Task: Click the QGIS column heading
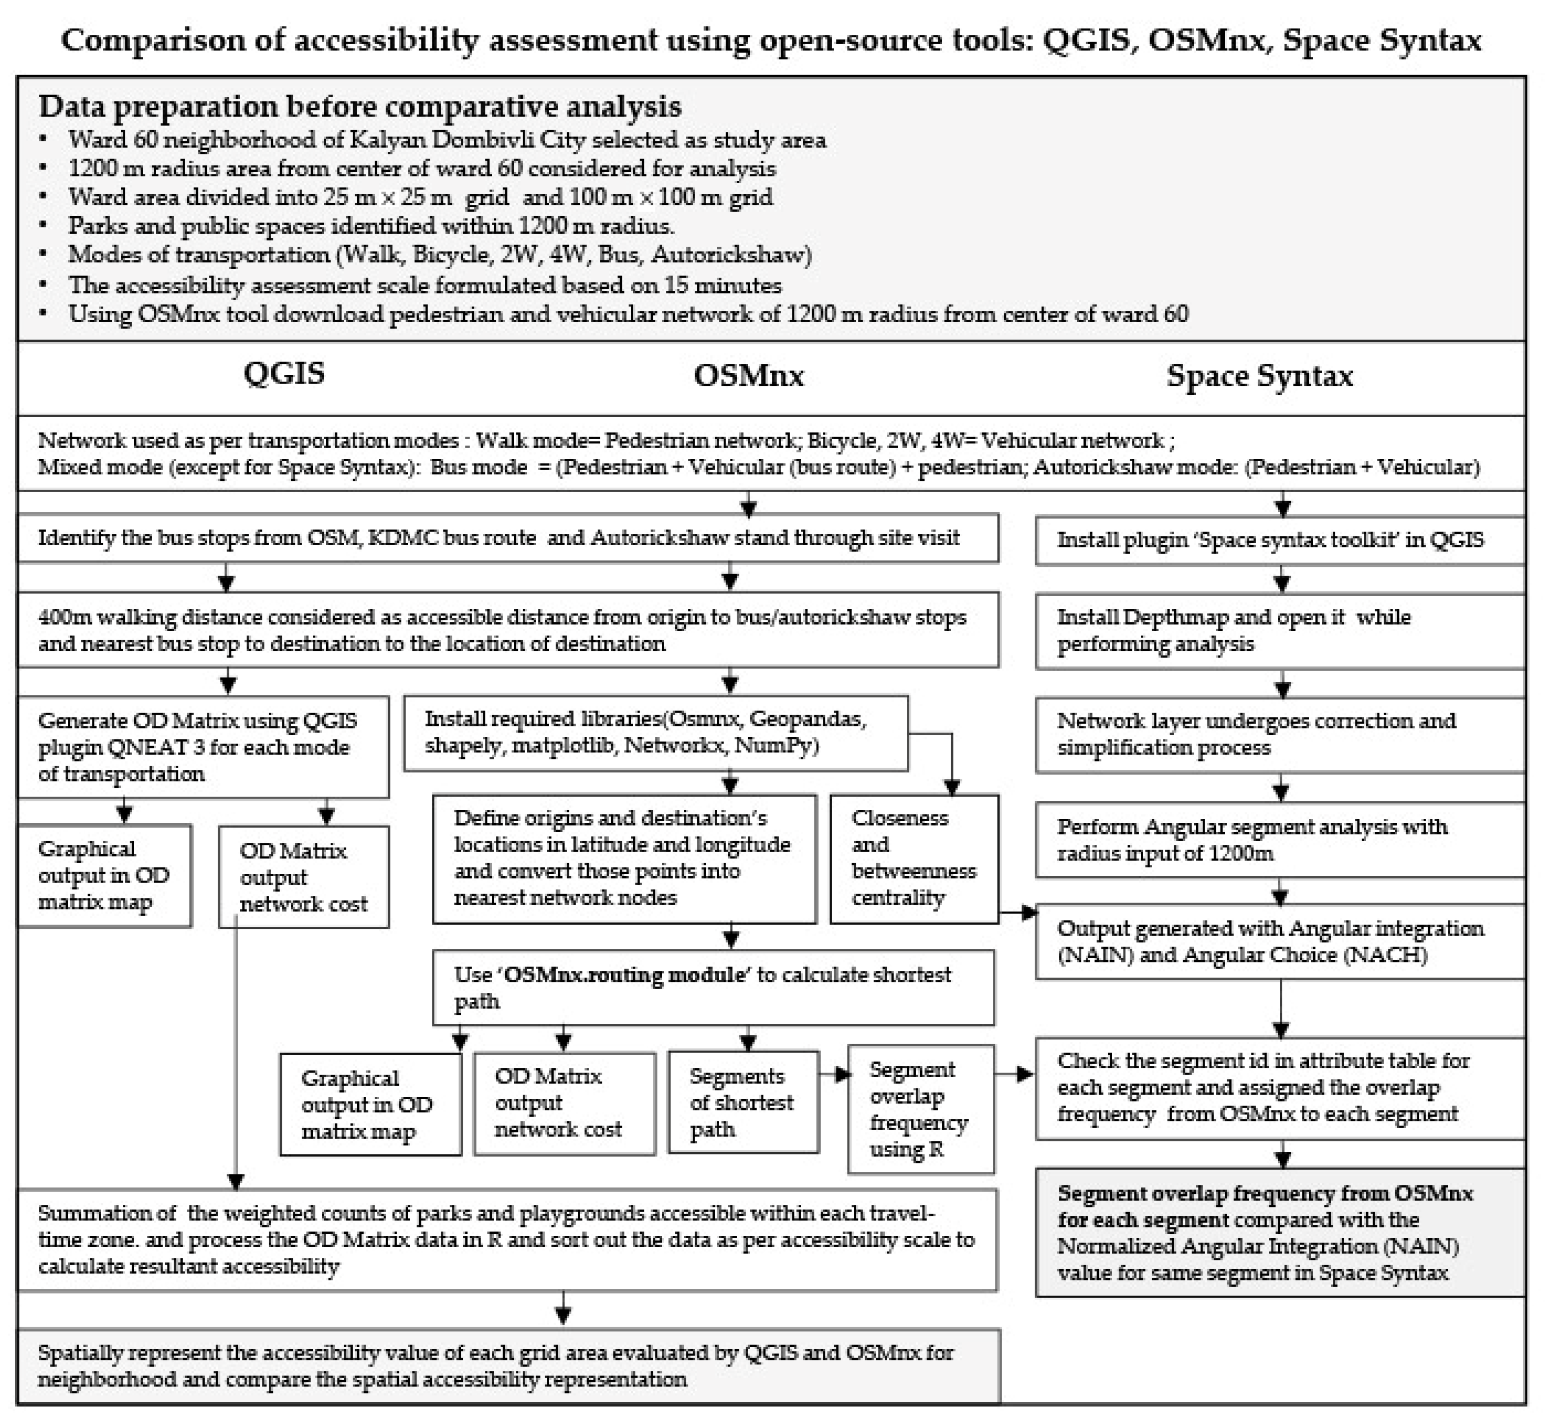[284, 374]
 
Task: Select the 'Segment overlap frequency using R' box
[920, 1109]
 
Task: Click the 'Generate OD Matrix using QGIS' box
[203, 746]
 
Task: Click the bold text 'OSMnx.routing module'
[626, 975]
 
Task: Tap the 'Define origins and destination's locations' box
[623, 858]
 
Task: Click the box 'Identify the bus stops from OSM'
[507, 537]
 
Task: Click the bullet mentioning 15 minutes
[424, 285]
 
